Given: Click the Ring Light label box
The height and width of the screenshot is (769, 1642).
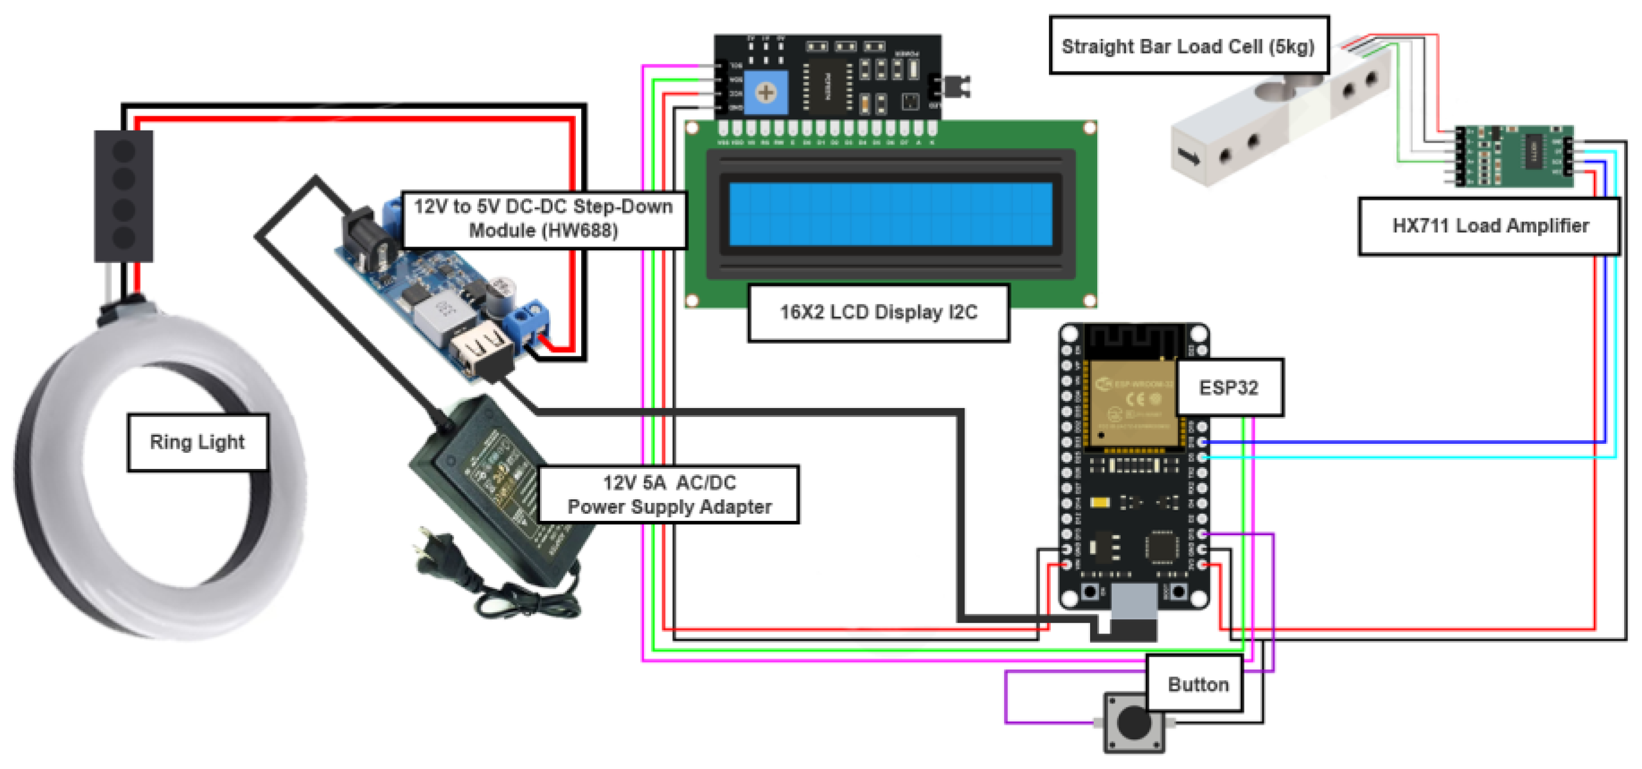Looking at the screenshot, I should (197, 442).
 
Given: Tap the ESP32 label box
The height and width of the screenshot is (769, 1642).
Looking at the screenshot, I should (1229, 387).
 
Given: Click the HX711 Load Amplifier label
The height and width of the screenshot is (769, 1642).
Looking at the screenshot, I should (1489, 226).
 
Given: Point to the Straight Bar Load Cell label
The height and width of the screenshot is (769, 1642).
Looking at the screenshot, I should (1188, 46).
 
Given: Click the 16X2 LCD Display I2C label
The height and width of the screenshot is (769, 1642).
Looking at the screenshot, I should (878, 312).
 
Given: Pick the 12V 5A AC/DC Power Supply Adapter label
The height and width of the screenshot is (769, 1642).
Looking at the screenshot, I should (669, 495).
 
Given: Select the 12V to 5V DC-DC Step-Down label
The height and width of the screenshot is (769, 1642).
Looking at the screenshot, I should (543, 218).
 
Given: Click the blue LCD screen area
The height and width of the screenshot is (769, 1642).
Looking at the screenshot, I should (890, 214).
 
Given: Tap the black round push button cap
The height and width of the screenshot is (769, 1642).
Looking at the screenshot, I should (1133, 722).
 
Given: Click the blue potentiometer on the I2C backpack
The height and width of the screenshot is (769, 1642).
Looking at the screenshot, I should (766, 93).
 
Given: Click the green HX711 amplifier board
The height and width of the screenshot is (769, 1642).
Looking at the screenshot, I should (1514, 156).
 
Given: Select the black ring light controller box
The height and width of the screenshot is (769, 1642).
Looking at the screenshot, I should (124, 196).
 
